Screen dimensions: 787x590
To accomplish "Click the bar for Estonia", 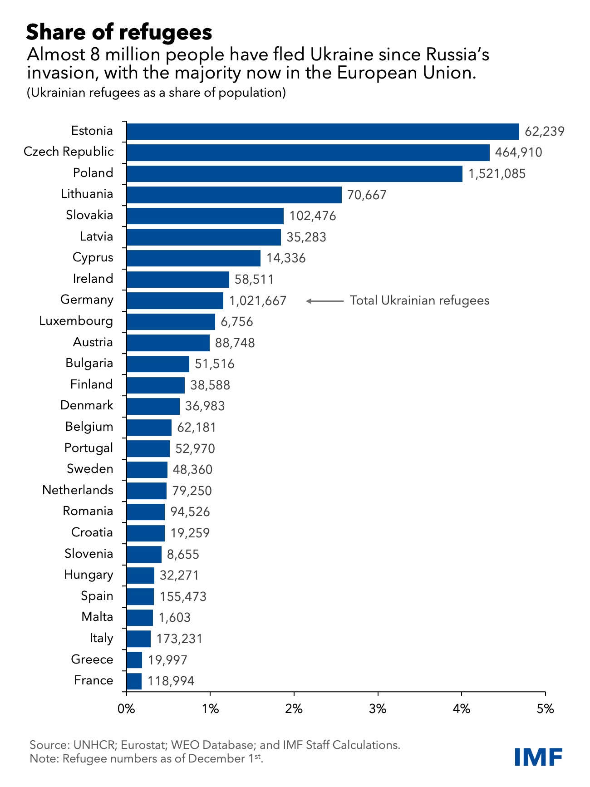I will (322, 132).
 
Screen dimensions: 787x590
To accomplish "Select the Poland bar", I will (294, 174).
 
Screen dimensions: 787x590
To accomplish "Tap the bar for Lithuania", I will (234, 195).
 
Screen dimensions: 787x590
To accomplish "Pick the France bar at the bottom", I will (134, 681).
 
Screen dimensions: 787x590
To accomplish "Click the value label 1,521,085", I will (497, 174).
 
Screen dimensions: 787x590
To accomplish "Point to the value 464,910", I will (518, 152).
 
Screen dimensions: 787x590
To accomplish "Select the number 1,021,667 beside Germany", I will (258, 301).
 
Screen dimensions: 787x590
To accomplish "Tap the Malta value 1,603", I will (174, 618).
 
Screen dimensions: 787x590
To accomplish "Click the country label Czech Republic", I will (69, 152).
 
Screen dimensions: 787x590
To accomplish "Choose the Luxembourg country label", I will (76, 321).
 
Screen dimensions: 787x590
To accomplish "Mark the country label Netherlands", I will (78, 490).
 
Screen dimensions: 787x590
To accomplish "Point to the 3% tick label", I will (378, 709).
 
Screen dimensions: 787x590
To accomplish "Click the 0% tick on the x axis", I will (126, 709).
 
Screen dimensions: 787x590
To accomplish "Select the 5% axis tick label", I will (545, 709).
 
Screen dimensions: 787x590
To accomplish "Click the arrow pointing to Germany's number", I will (325, 301).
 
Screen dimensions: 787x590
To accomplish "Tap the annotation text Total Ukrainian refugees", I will (419, 300).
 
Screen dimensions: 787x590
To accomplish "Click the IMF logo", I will (539, 757).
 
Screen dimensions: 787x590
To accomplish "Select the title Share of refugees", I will (119, 32).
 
